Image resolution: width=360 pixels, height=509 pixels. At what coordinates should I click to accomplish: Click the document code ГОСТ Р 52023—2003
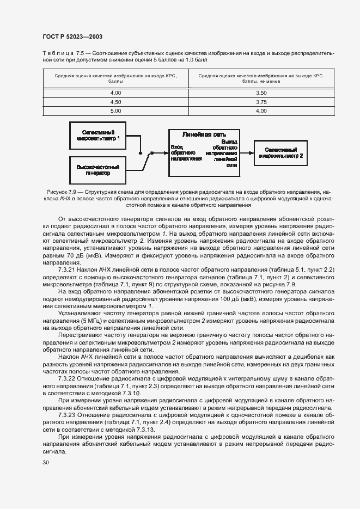(x=72, y=36)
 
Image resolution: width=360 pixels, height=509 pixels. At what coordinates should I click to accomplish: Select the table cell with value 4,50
(x=115, y=102)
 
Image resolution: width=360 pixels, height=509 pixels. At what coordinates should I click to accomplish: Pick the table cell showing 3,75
(x=261, y=102)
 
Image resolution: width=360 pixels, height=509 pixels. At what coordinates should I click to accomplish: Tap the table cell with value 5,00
(x=115, y=111)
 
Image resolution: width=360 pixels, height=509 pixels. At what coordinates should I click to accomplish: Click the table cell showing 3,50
(x=261, y=93)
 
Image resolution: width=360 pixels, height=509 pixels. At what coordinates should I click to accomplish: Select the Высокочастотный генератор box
(x=98, y=169)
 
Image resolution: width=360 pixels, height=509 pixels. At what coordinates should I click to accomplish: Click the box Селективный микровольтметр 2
(x=281, y=152)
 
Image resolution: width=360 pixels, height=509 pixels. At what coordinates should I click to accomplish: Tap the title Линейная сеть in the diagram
(x=204, y=134)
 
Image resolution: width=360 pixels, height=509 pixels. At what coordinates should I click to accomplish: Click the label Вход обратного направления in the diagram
(x=185, y=152)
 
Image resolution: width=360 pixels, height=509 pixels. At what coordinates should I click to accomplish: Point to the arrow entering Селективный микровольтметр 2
(x=246, y=153)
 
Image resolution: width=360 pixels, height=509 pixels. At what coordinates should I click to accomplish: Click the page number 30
(x=45, y=462)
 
